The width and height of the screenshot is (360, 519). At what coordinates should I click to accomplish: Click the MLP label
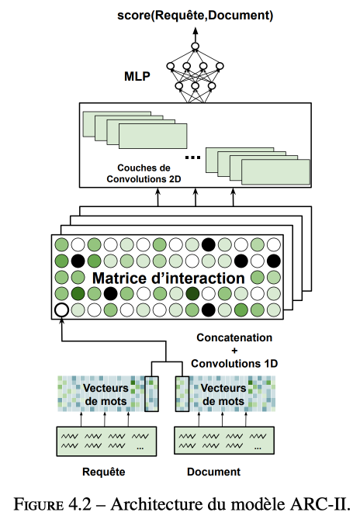[x=137, y=77]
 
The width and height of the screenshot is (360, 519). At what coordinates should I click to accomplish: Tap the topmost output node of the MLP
[x=196, y=46]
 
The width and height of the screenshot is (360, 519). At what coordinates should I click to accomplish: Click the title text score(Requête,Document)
[x=196, y=16]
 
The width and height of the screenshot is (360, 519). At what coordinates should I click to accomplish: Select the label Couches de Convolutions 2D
[x=144, y=174]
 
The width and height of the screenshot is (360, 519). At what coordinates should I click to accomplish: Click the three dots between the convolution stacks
[x=192, y=157]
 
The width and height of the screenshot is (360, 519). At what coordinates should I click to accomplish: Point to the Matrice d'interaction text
[x=168, y=278]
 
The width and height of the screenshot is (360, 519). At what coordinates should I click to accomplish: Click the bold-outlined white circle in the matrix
[x=61, y=310]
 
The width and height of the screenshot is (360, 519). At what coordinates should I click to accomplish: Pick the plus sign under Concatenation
[x=234, y=351]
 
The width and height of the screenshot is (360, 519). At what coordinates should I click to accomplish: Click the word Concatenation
[x=234, y=337]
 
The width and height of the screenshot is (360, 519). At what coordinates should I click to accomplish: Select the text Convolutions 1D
[x=234, y=363]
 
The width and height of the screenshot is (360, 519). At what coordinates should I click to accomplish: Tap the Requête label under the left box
[x=103, y=472]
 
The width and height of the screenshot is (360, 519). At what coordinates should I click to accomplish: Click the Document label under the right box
[x=214, y=472]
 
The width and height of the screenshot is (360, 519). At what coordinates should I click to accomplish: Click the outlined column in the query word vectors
[x=151, y=394]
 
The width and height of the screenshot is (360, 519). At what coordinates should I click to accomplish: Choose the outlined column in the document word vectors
[x=182, y=394]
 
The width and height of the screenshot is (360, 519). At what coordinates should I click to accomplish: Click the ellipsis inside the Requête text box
[x=140, y=448]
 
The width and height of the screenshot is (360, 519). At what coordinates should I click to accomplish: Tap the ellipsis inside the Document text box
[x=258, y=448]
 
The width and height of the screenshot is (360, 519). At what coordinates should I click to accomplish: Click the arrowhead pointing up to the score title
[x=196, y=30]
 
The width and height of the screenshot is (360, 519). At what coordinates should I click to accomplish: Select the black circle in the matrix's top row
[x=209, y=244]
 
